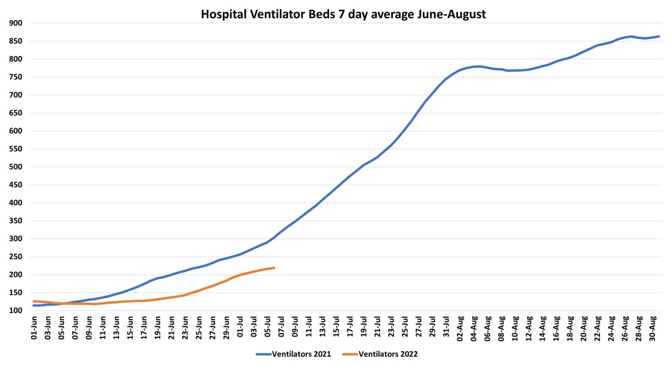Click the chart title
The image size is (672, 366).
click(x=344, y=15)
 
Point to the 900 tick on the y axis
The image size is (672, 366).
click(x=16, y=23)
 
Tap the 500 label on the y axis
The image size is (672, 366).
click(x=16, y=167)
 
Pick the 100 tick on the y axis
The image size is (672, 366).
click(x=16, y=310)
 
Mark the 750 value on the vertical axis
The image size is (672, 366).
click(x=16, y=77)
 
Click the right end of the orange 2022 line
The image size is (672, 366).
click(x=275, y=268)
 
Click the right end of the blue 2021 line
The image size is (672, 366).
click(x=659, y=37)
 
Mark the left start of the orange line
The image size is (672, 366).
click(x=34, y=301)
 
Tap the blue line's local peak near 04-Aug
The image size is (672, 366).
click(x=479, y=66)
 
